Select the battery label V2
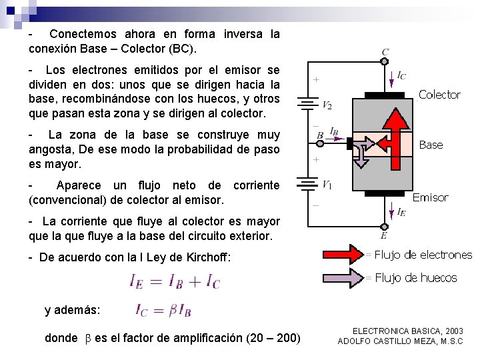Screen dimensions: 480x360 [x=327, y=105]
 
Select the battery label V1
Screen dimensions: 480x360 [x=327, y=185]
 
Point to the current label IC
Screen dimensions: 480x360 [x=401, y=76]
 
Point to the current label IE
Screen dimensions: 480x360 [x=401, y=212]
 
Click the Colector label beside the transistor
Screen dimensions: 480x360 [x=439, y=95]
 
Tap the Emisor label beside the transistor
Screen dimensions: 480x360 [x=430, y=197]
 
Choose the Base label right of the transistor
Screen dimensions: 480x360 [x=431, y=145]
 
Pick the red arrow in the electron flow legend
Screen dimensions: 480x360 [x=342, y=255]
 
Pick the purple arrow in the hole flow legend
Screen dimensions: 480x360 [x=342, y=277]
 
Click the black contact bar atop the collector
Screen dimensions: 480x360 [x=385, y=95]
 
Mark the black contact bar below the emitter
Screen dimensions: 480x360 [x=385, y=196]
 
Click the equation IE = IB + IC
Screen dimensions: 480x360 [x=175, y=282]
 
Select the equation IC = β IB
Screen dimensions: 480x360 [x=163, y=310]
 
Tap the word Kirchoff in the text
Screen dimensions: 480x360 [x=204, y=257]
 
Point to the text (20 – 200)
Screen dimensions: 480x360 [x=273, y=338]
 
